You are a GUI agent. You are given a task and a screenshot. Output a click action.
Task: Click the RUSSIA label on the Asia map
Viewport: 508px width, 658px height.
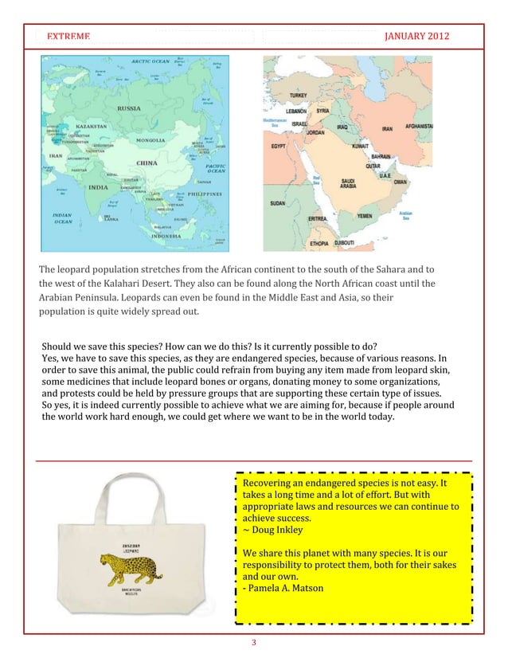[130, 108]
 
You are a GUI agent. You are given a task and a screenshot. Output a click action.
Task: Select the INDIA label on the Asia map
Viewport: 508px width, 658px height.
[97, 187]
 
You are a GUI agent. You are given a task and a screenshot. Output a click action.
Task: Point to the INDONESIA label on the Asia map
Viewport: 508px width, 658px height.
[169, 236]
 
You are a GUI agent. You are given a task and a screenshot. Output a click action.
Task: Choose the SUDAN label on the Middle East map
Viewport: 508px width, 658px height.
[278, 203]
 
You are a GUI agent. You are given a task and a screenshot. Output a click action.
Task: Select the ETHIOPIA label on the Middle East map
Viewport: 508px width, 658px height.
[320, 242]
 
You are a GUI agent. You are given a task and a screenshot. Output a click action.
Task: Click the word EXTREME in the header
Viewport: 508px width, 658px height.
[68, 37]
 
